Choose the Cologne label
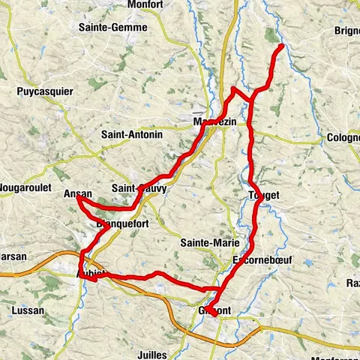click(343, 138)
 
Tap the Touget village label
click(262, 195)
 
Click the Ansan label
click(77, 194)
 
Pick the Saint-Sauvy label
click(138, 189)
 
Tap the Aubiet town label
click(93, 274)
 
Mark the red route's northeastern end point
click(282, 46)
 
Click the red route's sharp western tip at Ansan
click(76, 199)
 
